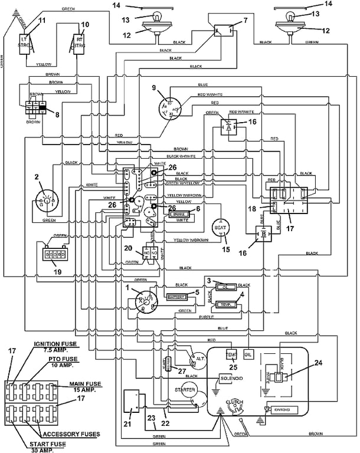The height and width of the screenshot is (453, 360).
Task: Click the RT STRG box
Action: coord(78,44)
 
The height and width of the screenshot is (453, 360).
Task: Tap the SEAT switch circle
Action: coord(221,229)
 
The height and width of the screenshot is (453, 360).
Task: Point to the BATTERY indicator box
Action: coord(177,297)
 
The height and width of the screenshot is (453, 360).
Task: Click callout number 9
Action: coord(154,88)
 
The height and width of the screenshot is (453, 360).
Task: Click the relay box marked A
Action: coord(228,127)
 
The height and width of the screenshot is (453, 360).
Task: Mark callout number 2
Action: coord(37,176)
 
